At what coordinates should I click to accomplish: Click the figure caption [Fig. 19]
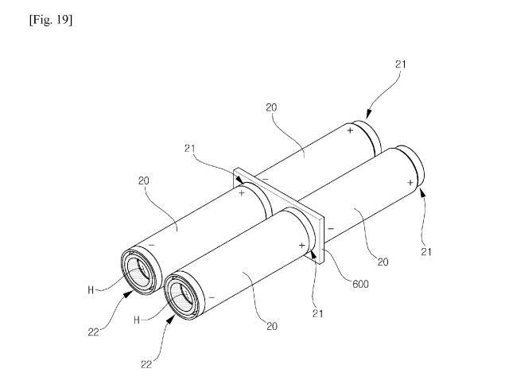coord(51,21)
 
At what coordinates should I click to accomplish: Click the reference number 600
coord(360,284)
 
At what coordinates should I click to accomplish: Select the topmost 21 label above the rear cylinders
coord(401,64)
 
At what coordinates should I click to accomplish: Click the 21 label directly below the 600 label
coord(317,313)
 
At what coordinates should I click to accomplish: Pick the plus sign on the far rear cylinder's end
coord(351,130)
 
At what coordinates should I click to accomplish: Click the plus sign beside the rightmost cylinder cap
coord(410,183)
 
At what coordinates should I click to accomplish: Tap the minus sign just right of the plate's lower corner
coord(331,228)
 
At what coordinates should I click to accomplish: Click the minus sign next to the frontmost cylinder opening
coord(212,297)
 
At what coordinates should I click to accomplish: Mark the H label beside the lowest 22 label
coord(137,320)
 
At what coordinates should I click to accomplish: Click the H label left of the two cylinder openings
coord(91,290)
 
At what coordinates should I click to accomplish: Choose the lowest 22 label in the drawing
coord(146,364)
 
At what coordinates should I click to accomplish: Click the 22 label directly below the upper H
coord(93,332)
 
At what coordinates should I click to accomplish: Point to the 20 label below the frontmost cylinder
coord(272,327)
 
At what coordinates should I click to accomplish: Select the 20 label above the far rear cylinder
coord(271,107)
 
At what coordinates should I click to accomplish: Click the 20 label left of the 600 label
coord(383,262)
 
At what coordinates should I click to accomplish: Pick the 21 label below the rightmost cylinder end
coord(426,252)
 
